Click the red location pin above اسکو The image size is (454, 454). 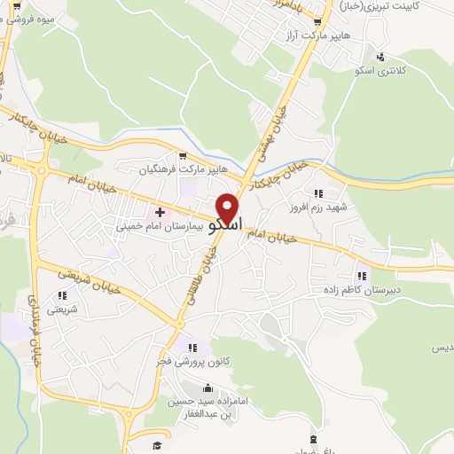click(229, 207)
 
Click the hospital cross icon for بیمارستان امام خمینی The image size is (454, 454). click(160, 212)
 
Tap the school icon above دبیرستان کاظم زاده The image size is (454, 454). click(360, 273)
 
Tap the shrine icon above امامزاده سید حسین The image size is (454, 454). click(207, 387)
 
